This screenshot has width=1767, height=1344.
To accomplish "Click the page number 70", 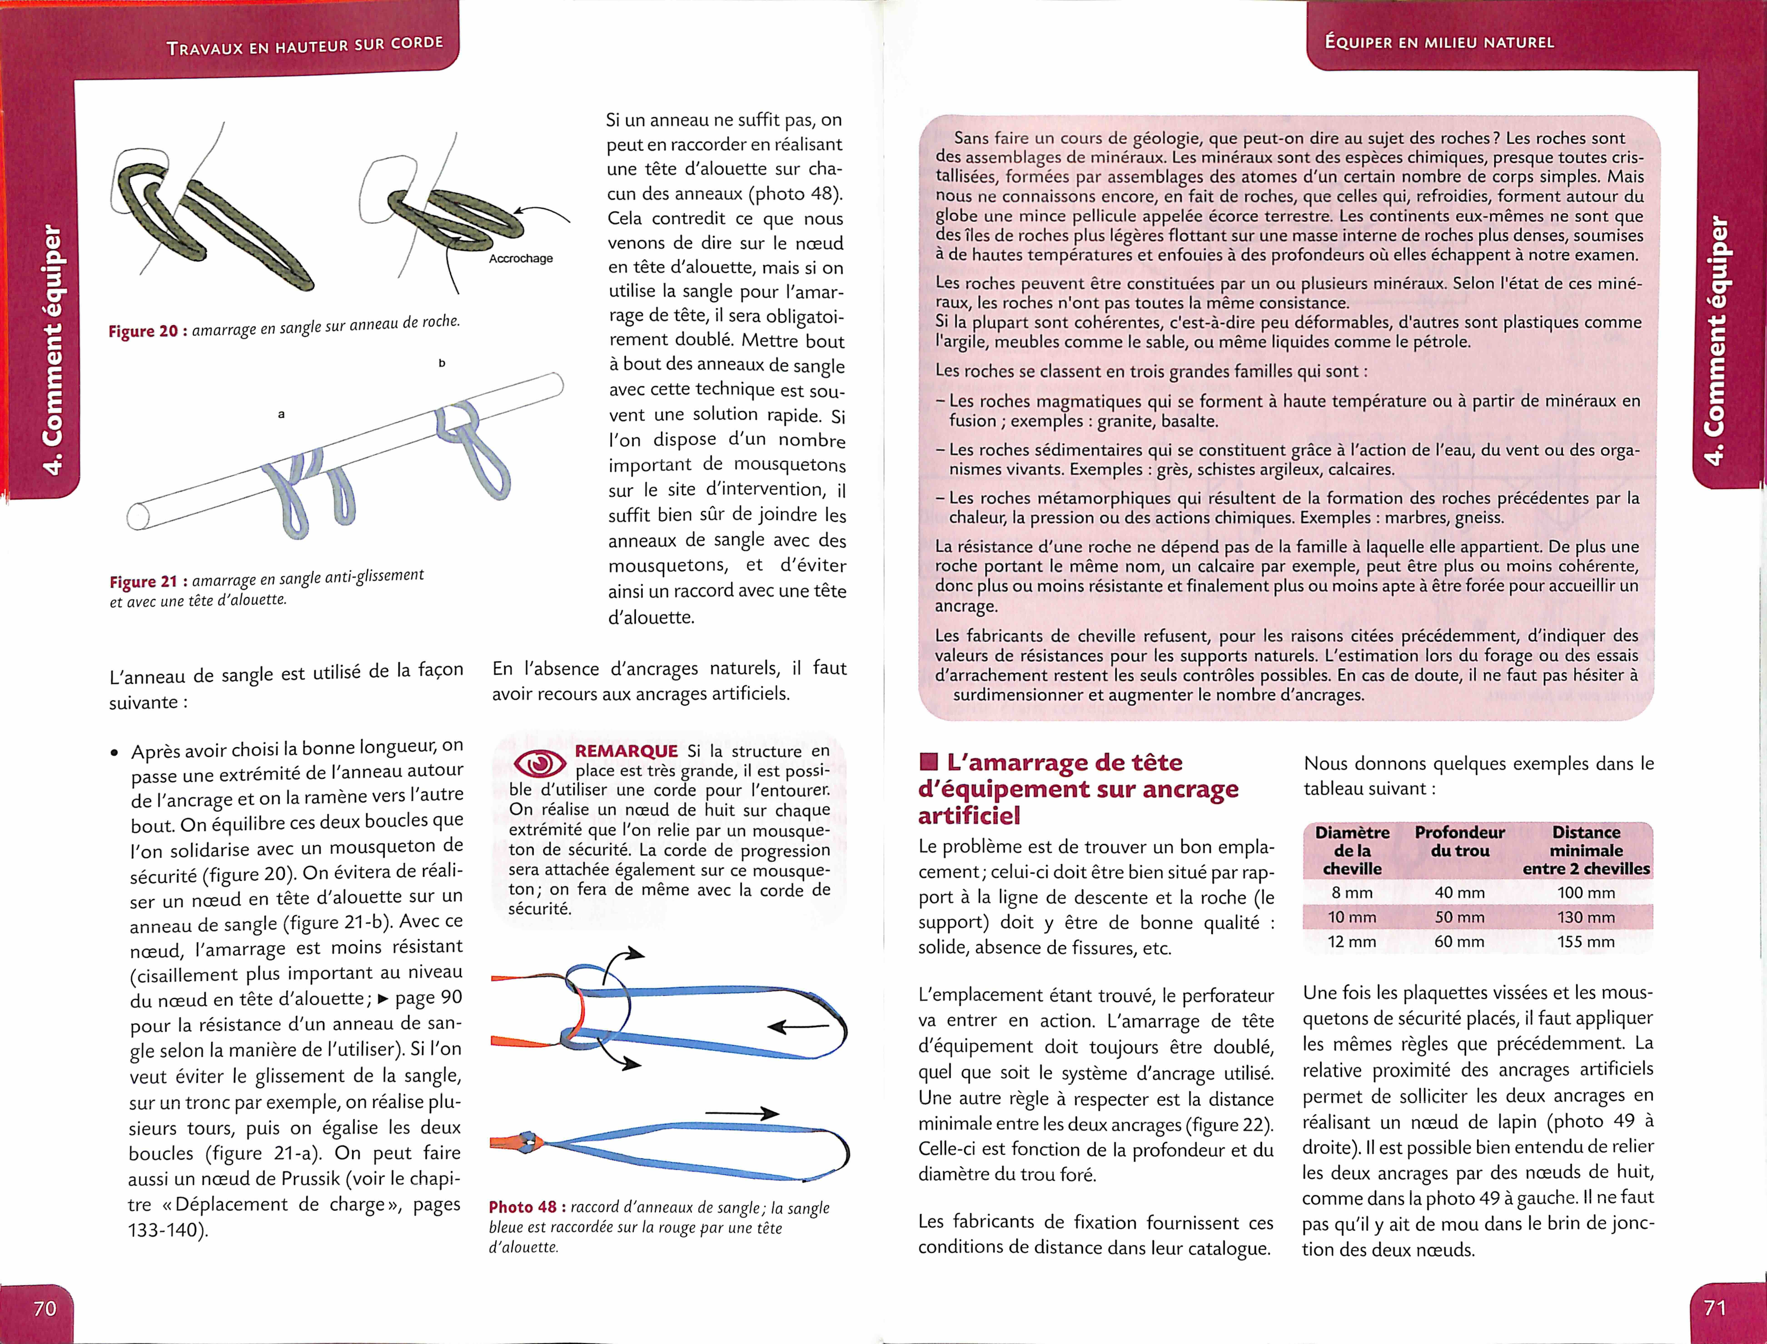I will click(x=45, y=1308).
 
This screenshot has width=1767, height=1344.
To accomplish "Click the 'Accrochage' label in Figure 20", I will click(x=521, y=258).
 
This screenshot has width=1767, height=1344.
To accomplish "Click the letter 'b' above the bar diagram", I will click(x=442, y=363).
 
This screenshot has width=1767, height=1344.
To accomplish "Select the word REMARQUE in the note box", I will click(x=626, y=751).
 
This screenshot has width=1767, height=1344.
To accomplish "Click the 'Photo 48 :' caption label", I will click(x=527, y=1207).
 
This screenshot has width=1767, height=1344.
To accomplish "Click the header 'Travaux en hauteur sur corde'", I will click(x=305, y=45).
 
